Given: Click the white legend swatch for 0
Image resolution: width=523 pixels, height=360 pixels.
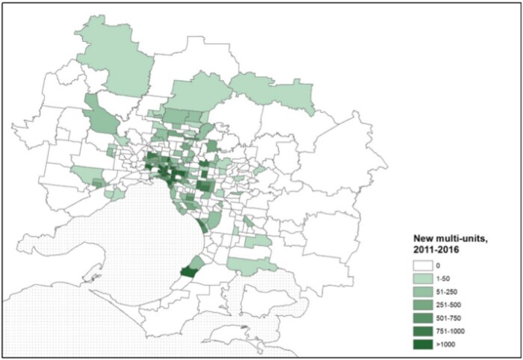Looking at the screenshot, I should (x=423, y=265).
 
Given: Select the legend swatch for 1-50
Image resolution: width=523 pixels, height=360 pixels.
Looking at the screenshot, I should (x=423, y=279).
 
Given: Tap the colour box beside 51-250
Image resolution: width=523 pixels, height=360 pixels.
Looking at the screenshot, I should (x=423, y=291).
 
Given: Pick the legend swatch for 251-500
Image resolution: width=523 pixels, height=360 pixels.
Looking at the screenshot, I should (x=423, y=305).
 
